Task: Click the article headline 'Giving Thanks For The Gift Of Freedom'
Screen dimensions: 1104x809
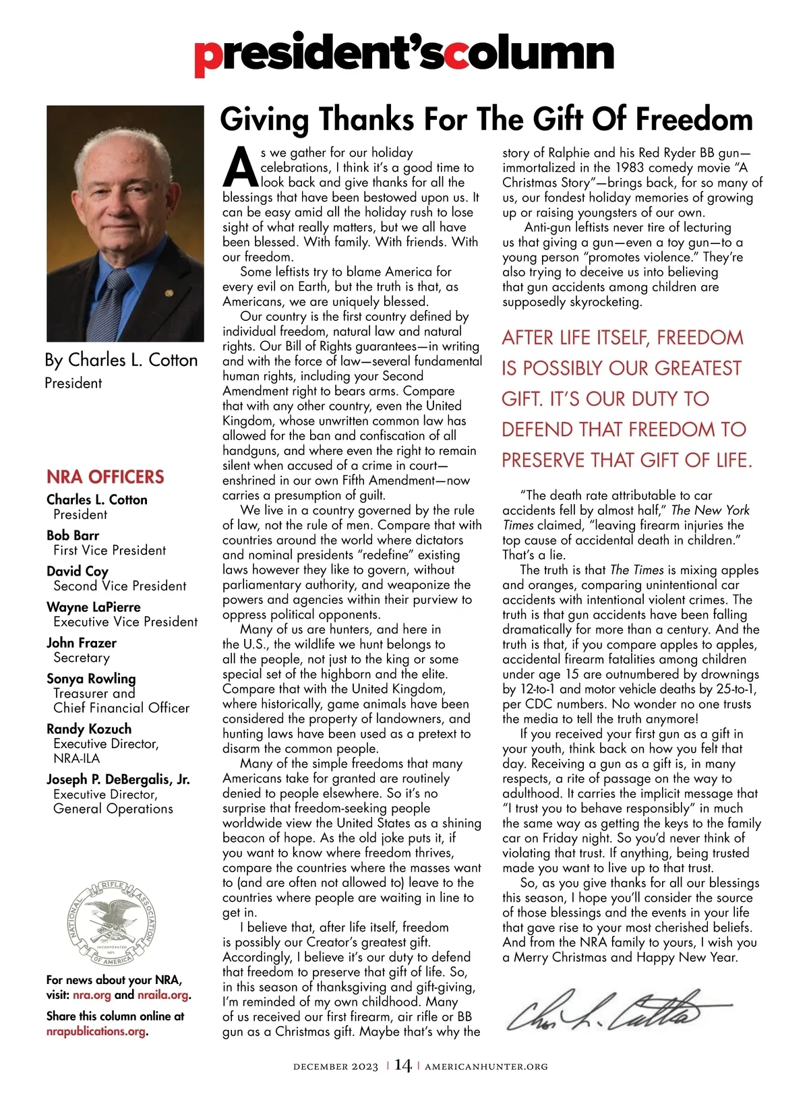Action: tap(486, 119)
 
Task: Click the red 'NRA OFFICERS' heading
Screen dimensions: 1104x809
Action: tap(105, 477)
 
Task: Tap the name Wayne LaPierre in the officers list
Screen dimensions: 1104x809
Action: tap(94, 607)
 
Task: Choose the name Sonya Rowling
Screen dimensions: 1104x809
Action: tap(91, 678)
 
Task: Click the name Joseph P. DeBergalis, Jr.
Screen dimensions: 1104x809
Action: tap(118, 779)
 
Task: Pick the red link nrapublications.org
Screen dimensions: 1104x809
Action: tap(96, 1031)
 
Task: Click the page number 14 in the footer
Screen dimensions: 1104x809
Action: tap(402, 1066)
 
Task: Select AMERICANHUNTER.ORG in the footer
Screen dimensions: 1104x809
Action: tap(486, 1067)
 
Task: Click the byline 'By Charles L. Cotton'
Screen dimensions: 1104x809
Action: tap(121, 360)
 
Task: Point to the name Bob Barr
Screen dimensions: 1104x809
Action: tap(73, 535)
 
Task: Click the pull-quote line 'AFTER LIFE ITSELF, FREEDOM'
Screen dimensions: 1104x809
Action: tap(622, 338)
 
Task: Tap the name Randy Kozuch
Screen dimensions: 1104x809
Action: tap(89, 729)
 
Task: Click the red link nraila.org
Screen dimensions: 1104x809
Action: tap(162, 995)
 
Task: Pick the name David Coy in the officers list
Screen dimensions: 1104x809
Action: tap(78, 571)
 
